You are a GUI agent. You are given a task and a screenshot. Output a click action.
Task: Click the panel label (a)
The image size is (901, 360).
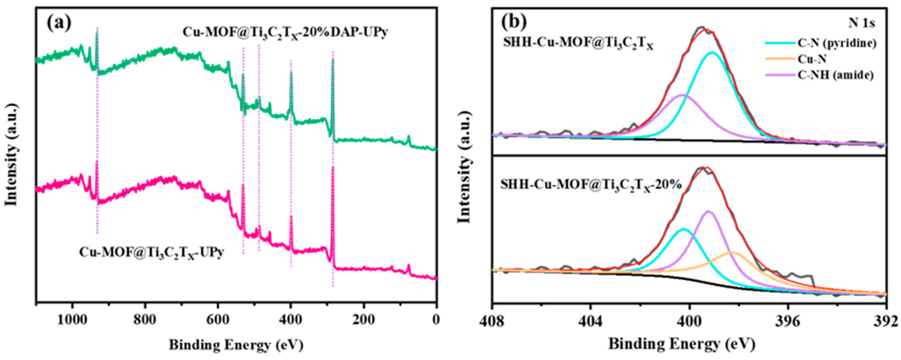(x=59, y=23)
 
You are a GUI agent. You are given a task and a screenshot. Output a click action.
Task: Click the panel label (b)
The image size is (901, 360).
(x=514, y=22)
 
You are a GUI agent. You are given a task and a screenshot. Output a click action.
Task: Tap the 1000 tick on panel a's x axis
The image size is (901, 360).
(x=72, y=320)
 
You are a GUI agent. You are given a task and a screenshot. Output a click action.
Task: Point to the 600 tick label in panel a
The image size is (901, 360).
(x=218, y=320)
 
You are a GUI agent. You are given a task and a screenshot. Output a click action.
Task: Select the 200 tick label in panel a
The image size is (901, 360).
(x=363, y=320)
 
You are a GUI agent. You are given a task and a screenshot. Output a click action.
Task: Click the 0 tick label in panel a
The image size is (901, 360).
(x=436, y=320)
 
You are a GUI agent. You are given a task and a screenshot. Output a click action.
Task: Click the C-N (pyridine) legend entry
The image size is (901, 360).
(x=836, y=43)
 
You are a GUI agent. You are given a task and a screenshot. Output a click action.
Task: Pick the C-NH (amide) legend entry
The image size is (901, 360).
(x=835, y=75)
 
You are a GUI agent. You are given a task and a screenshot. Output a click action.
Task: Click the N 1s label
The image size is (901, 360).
(x=862, y=23)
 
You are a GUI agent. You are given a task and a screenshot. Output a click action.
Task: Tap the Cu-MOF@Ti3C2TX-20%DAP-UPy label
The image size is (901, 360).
(x=285, y=32)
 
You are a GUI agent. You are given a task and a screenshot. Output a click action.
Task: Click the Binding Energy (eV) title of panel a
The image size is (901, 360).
(x=236, y=345)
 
